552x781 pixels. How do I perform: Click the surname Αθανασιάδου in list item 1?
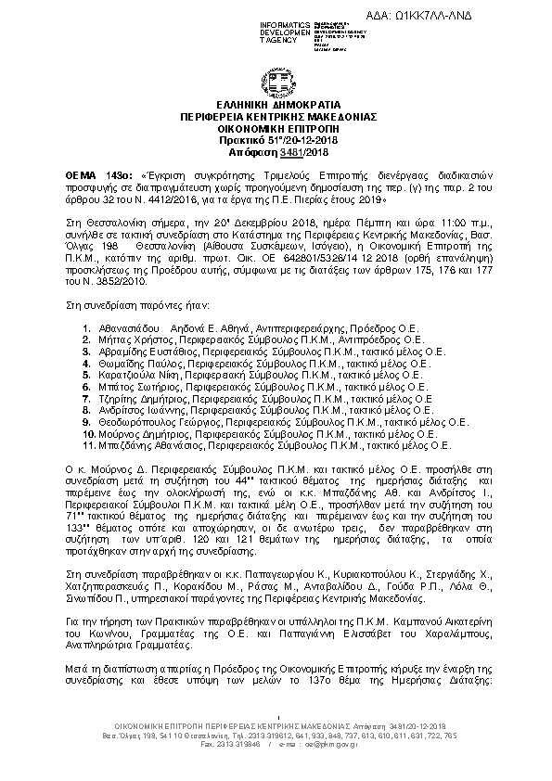point(124,329)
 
